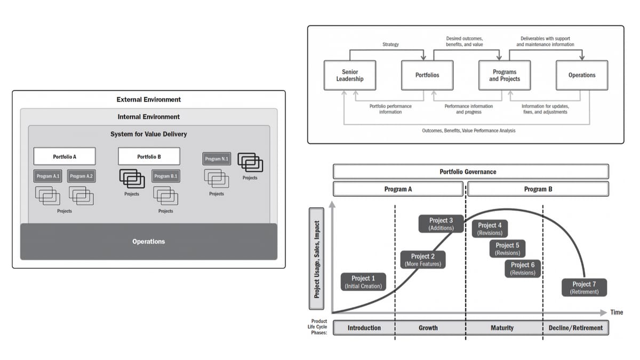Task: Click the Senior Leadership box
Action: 350,75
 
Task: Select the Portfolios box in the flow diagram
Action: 427,75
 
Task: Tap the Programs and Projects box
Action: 505,75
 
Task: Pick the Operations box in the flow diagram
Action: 582,75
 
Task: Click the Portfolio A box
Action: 65,157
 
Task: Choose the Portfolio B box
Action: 149,157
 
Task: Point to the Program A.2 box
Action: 82,176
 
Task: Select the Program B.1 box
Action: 166,176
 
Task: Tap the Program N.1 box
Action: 217,159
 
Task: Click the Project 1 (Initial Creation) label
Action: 363,282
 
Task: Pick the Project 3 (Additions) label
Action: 441,224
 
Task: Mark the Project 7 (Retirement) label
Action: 585,287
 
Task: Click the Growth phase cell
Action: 428,327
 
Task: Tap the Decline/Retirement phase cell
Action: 575,327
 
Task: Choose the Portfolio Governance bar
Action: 471,172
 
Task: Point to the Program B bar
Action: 538,189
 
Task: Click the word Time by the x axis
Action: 617,313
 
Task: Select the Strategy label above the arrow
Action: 390,45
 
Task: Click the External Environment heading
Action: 149,100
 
